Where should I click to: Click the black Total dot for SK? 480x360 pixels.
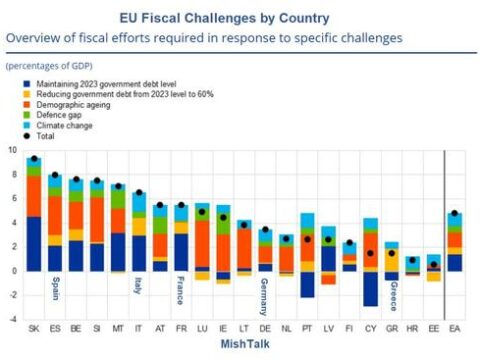(34, 158)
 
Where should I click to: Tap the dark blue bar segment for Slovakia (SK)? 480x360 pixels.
(34, 244)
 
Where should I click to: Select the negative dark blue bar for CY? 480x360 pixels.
(371, 289)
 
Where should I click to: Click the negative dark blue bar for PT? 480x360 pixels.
(307, 284)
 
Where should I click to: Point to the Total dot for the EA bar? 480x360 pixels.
(454, 213)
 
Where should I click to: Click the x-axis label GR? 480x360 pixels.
(392, 329)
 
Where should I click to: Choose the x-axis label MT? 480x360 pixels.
(118, 329)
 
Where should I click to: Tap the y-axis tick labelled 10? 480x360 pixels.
(12, 150)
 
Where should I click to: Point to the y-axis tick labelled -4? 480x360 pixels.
(13, 319)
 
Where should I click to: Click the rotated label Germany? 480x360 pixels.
(264, 297)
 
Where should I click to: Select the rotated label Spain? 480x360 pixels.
(56, 288)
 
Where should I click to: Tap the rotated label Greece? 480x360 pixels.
(394, 296)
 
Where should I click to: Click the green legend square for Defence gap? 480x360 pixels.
(27, 115)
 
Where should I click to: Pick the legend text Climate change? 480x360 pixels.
(64, 126)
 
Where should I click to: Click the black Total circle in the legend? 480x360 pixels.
(27, 136)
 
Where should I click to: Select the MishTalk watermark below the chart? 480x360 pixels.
(245, 344)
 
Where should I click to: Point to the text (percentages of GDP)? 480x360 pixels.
(49, 66)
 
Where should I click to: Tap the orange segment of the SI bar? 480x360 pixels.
(97, 220)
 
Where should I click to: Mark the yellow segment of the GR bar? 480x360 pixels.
(392, 260)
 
